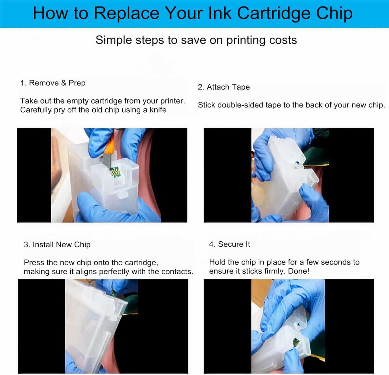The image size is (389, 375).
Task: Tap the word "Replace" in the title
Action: [126, 13]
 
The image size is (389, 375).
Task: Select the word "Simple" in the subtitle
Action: [113, 40]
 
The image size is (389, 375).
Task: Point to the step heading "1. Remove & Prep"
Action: [53, 83]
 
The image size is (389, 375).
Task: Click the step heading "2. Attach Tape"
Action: [224, 87]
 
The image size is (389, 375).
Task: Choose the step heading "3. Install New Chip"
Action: [57, 245]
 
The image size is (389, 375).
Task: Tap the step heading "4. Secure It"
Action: [230, 244]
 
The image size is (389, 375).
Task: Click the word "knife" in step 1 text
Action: [158, 110]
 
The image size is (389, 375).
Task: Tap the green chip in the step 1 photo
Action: [114, 172]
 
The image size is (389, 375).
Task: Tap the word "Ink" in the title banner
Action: [220, 13]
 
